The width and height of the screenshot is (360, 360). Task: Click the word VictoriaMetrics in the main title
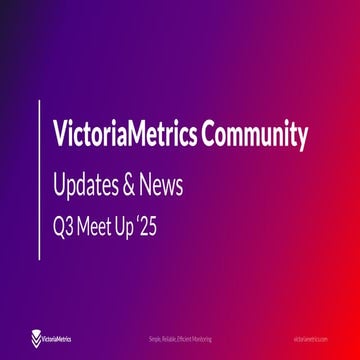123,135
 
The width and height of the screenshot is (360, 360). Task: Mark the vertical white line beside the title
41,180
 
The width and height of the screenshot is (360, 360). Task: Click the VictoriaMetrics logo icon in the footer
37,339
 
